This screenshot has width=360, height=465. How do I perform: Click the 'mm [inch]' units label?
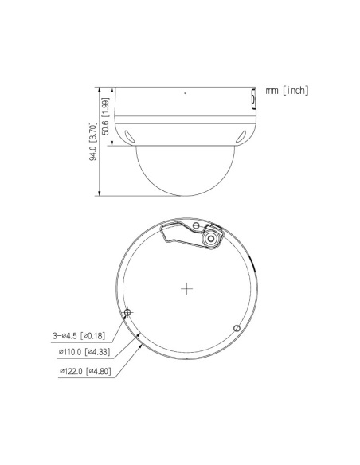287,90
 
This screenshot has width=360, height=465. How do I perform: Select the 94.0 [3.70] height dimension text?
93,141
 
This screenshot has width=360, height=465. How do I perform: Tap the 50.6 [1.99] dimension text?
105,116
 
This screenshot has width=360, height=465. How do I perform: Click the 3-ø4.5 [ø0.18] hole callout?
79,336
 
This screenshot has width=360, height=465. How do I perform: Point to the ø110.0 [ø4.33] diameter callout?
84,352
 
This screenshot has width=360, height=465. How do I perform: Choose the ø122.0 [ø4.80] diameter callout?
85,371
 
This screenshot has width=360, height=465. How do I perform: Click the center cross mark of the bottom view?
186,288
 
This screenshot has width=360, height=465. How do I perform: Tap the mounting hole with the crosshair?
127,312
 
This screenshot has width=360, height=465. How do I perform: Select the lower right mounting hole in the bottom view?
237,328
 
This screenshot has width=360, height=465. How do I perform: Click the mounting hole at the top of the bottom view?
196,226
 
